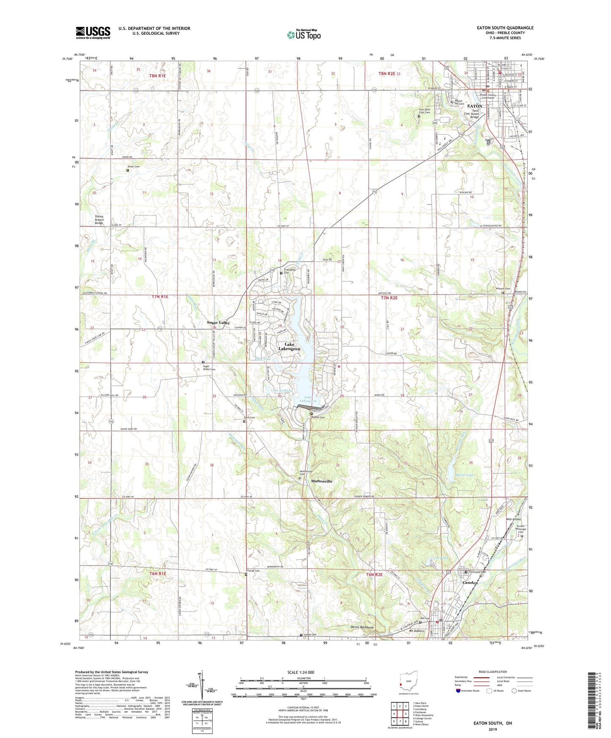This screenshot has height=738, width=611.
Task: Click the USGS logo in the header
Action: [x=93, y=33]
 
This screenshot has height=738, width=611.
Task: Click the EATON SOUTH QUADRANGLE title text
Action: [x=505, y=28]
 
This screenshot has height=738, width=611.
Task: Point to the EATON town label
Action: [x=474, y=106]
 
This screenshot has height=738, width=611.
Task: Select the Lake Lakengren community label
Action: [x=289, y=347]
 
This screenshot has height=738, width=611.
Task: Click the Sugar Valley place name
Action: [x=218, y=323]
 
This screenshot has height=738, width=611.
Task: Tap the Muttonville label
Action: [x=322, y=481]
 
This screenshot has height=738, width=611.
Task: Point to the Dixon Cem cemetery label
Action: [x=134, y=167]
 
